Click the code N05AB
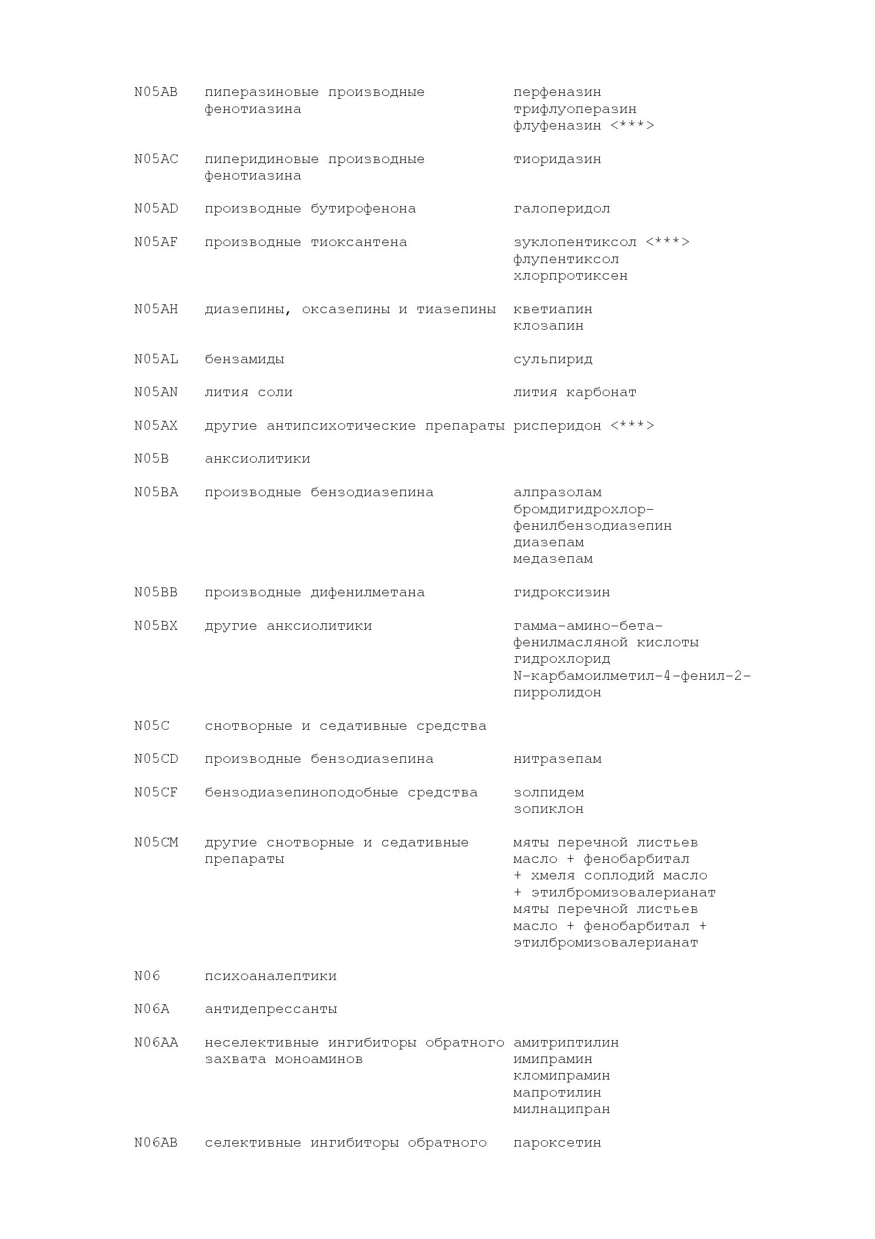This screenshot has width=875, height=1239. pos(156,92)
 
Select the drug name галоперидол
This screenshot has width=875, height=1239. pos(562,209)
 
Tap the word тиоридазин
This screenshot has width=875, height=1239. pos(557,160)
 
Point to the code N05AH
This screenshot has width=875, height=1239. pos(156,310)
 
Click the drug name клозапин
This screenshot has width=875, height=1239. pos(548,326)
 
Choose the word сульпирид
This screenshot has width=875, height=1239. pos(553,360)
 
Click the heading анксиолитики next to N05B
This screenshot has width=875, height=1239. pos(258,459)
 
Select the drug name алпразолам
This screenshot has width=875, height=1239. pos(557,493)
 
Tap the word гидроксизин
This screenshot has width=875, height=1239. pos(562,593)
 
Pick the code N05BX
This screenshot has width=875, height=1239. pos(156,626)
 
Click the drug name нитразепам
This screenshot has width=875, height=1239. pos(557,759)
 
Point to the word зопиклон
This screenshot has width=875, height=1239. pos(548,809)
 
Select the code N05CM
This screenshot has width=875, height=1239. pos(156,843)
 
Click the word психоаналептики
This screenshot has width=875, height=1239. pos(270,976)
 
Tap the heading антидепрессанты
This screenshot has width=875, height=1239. pos(270,1009)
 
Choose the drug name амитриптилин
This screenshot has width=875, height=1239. pos(566,1043)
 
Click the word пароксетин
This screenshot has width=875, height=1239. pos(557,1143)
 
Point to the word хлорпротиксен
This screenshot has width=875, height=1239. pos(570,276)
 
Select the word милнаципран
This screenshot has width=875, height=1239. pos(562,1110)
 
